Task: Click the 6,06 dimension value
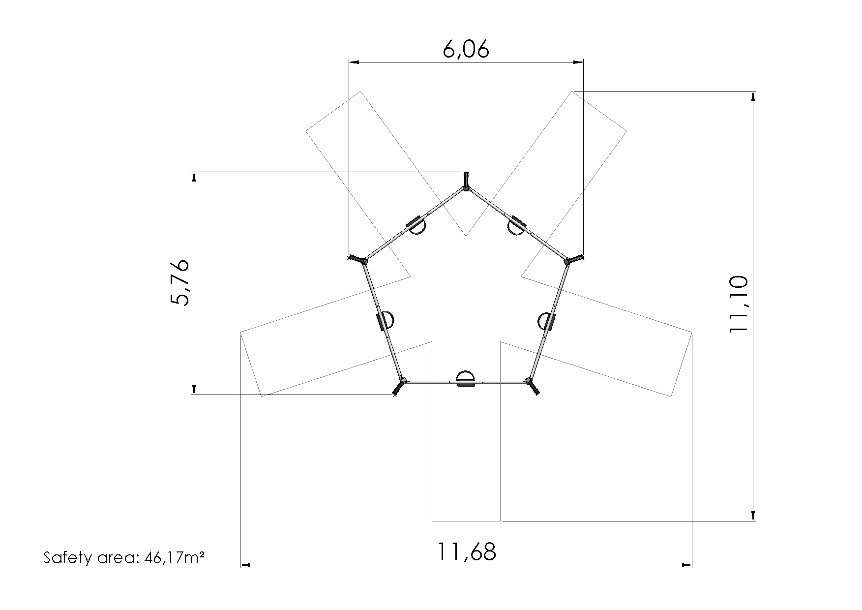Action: [466, 49]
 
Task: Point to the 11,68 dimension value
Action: [467, 552]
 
